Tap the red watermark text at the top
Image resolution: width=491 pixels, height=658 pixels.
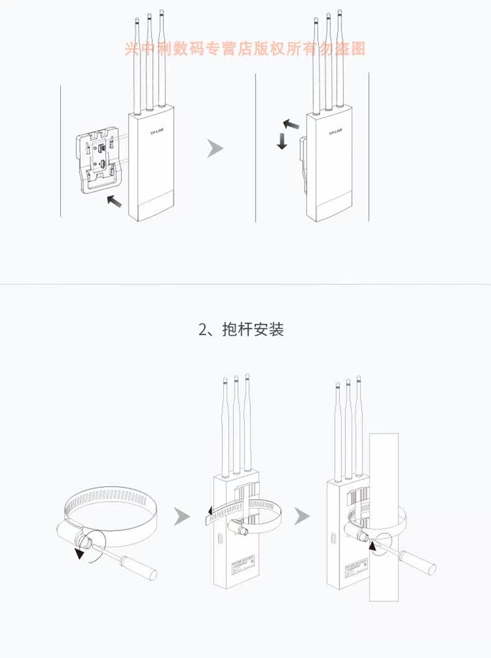tap(245, 49)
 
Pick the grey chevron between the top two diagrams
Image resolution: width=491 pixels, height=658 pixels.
tap(215, 148)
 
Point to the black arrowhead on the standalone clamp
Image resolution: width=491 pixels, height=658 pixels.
tap(79, 554)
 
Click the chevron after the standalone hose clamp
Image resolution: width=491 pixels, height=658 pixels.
tap(182, 516)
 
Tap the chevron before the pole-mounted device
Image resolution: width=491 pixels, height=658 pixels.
tap(302, 516)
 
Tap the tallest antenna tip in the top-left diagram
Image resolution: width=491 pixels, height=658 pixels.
tap(162, 12)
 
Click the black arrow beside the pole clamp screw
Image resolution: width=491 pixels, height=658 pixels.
tap(373, 545)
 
